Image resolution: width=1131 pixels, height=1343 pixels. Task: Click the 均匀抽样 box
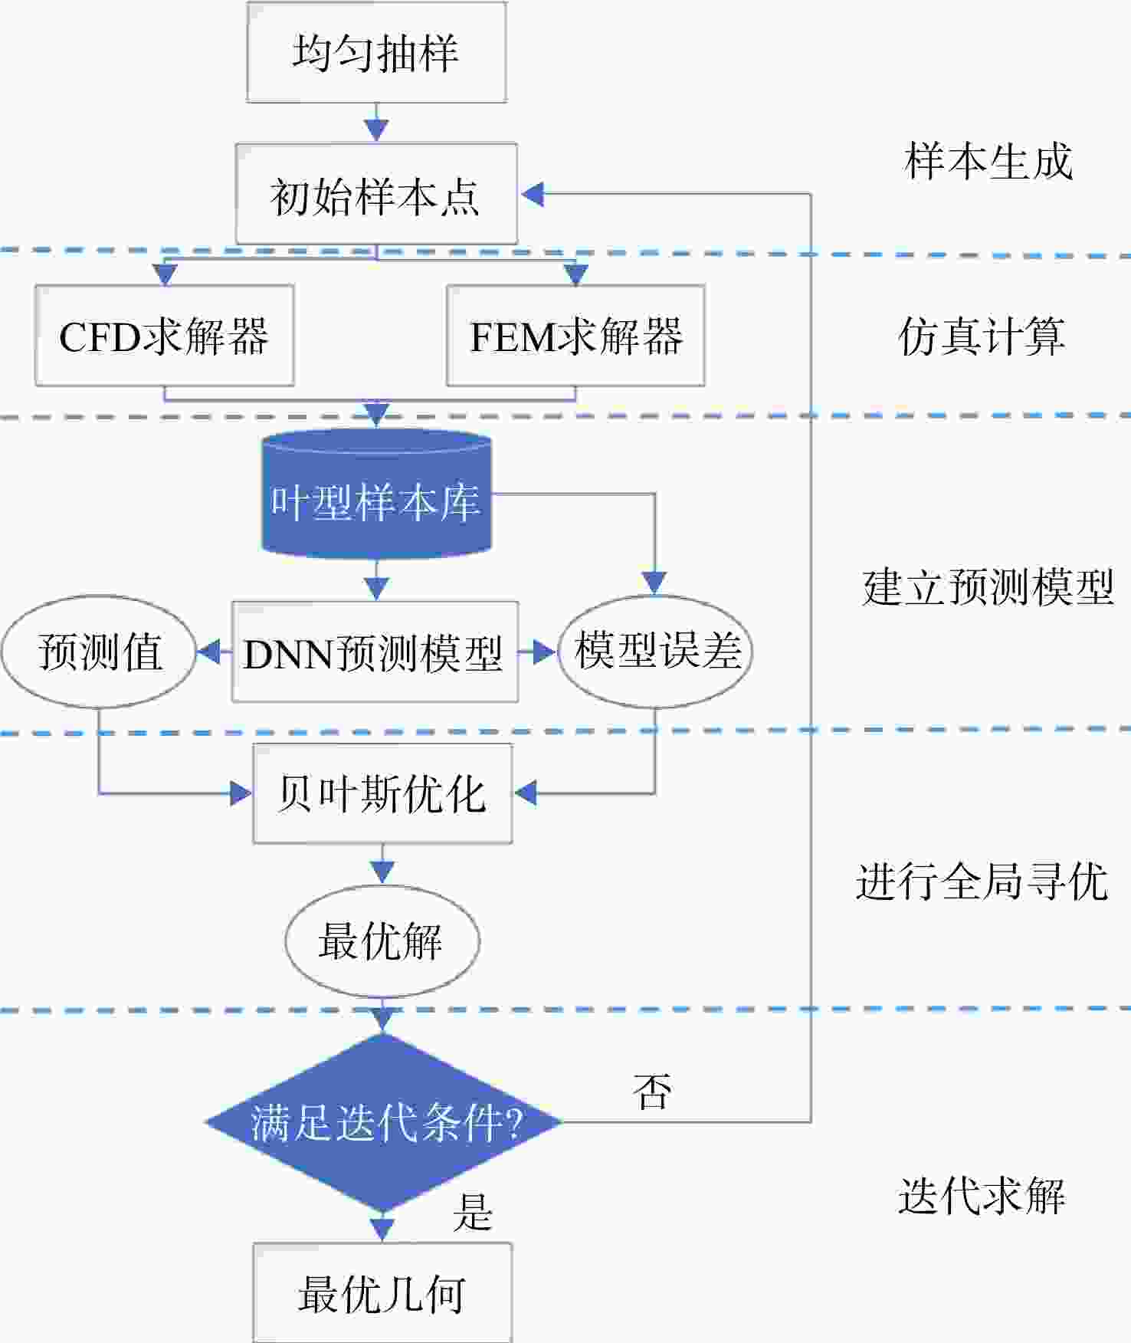376,52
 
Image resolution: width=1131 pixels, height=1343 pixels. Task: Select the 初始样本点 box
376,194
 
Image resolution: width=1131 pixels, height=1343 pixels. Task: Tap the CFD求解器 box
165,335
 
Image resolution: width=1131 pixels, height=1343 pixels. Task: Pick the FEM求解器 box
575,335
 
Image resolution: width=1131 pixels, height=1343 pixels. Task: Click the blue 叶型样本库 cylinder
376,493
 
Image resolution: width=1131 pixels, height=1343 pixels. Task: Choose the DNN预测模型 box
375,652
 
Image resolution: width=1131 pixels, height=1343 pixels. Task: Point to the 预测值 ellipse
99,652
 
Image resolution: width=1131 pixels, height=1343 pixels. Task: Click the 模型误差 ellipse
655,652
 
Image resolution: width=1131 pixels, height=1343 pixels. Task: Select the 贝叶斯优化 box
382,793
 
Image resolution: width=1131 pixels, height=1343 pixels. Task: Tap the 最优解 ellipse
382,941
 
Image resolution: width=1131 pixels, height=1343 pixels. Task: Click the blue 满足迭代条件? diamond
382,1122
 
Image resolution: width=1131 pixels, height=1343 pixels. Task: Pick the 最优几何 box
382,1292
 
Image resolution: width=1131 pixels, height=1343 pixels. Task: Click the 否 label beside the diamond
653,1092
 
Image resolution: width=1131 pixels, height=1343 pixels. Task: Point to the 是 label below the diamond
472,1213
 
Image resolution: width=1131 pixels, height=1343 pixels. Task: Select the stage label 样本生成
988,162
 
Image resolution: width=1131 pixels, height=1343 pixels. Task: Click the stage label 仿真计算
982,336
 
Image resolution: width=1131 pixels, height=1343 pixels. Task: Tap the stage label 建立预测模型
988,588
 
